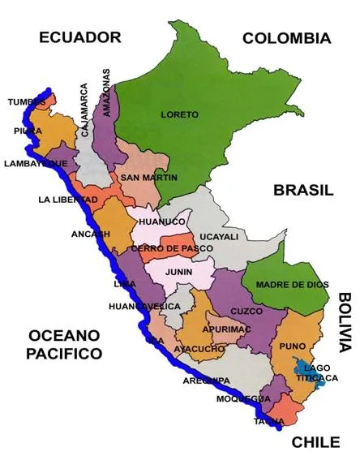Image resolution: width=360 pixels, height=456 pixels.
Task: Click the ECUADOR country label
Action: tap(79, 37)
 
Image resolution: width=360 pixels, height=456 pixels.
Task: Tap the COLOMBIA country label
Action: tap(287, 38)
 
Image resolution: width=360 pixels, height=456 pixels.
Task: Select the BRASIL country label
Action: tap(303, 191)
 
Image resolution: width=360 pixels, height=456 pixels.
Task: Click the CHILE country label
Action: tap(315, 442)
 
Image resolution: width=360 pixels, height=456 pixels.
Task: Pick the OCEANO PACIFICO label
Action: tap(64, 345)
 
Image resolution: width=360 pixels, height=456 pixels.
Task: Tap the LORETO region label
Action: tap(179, 115)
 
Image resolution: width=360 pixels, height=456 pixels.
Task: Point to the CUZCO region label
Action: tap(246, 311)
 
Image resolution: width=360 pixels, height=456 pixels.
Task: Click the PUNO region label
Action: tap(292, 346)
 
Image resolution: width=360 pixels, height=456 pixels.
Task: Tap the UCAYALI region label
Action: tap(219, 237)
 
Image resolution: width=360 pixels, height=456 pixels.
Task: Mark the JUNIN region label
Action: tap(179, 273)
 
